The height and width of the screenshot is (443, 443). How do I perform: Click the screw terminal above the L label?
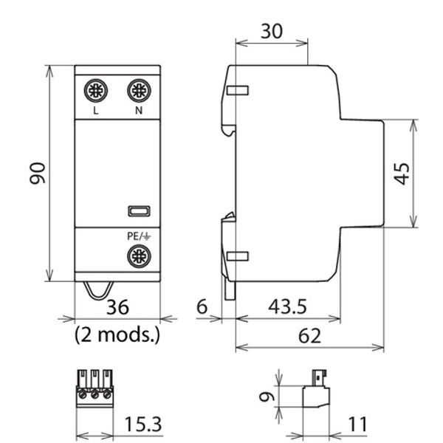coord(96,92)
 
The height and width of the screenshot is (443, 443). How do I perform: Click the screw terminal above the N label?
coord(138,92)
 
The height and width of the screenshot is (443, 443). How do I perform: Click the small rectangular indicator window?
coord(138,212)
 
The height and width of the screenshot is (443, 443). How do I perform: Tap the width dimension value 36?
coord(117,308)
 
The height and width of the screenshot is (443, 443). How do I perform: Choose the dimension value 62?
coord(310,336)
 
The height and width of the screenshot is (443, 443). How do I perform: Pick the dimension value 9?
coord(270,396)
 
